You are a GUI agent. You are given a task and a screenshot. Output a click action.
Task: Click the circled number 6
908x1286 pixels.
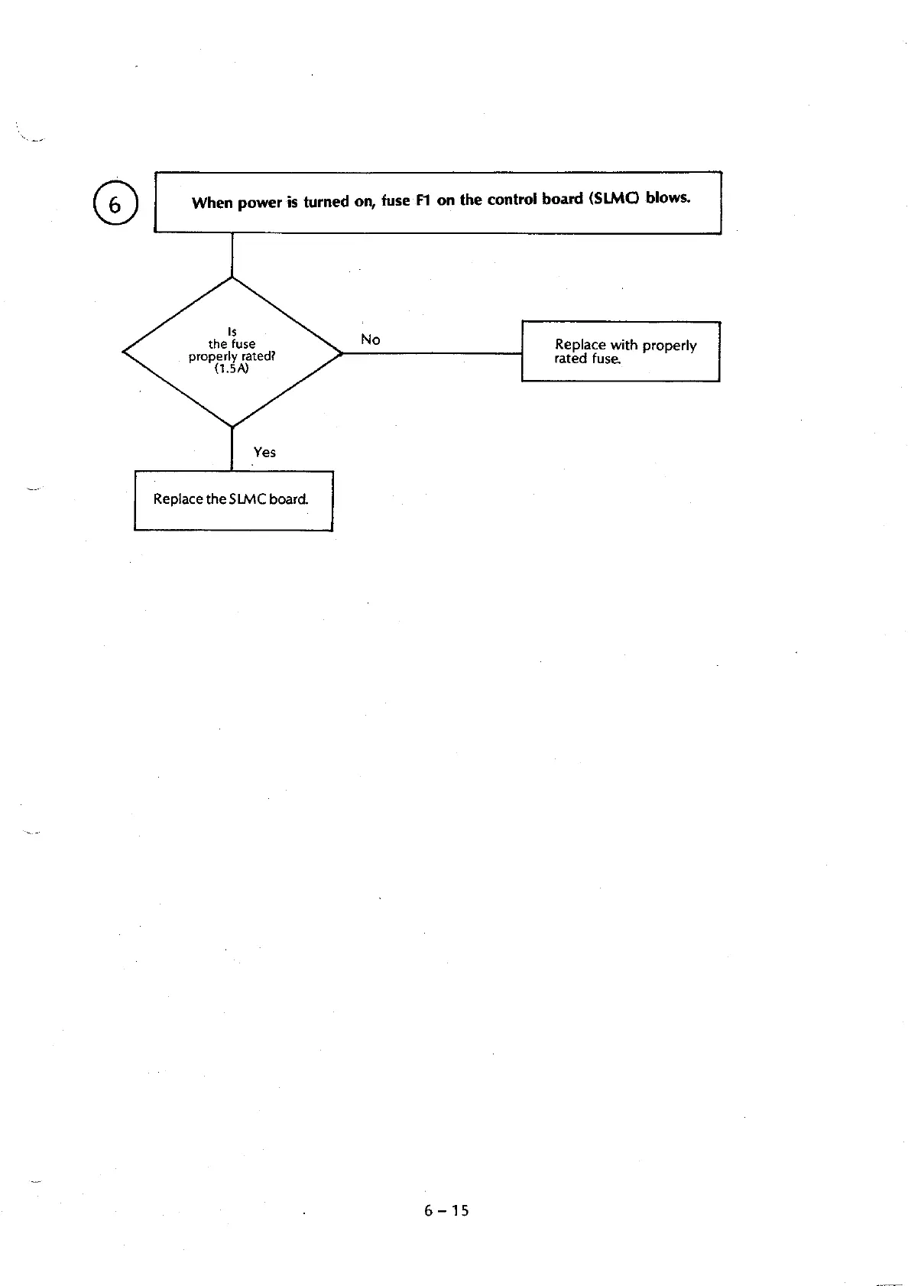[115, 204]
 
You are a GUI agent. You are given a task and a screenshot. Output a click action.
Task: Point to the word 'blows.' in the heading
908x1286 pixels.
[668, 197]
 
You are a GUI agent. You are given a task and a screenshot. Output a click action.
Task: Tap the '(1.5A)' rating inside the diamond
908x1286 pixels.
[232, 368]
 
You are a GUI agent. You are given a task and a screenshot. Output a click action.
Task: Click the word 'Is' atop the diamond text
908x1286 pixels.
[232, 331]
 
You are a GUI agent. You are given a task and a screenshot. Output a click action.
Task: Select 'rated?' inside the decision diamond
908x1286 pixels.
[258, 356]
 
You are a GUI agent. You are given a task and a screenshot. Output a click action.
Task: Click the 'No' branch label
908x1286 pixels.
[370, 339]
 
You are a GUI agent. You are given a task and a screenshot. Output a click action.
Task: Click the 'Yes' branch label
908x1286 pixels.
[264, 452]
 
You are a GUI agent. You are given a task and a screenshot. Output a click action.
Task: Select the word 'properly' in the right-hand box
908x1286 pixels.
[670, 346]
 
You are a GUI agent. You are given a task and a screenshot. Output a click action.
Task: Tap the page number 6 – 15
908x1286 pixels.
[447, 1210]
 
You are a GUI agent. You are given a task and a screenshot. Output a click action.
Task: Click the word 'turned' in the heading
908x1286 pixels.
[326, 202]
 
